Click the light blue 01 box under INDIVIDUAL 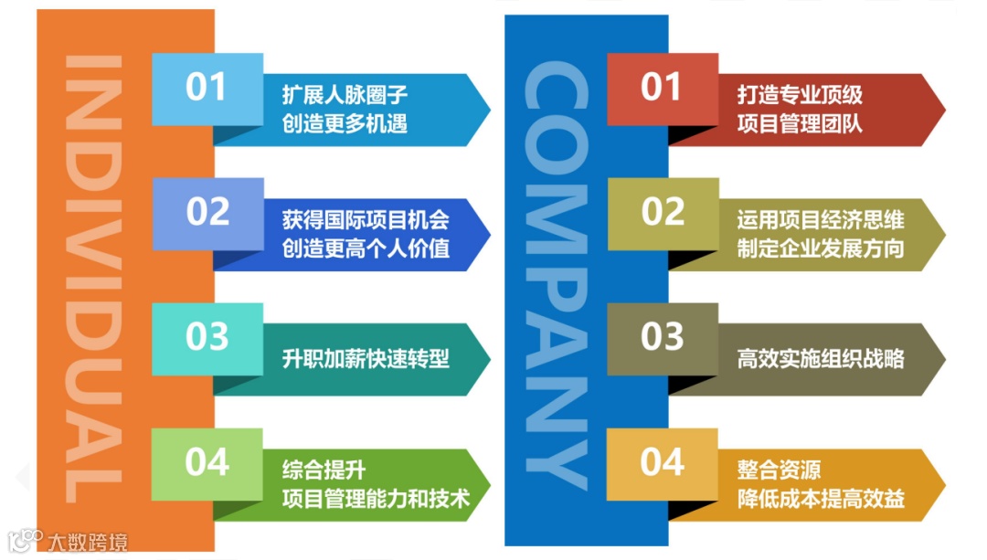click(207, 89)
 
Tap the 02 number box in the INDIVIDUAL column click(207, 213)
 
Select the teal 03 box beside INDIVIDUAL click(207, 337)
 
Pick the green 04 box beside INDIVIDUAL click(207, 462)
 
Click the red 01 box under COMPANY click(662, 89)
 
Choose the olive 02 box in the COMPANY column click(662, 213)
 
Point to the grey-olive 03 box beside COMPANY click(662, 337)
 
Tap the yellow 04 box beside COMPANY click(662, 462)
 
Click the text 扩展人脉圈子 click(345, 95)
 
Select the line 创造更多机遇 click(345, 123)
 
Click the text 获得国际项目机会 click(366, 220)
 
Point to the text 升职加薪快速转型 click(366, 358)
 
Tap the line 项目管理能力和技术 click(376, 498)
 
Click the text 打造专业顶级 click(800, 95)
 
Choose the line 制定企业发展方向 click(821, 248)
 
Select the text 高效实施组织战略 click(821, 358)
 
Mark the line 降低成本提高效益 click(821, 498)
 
